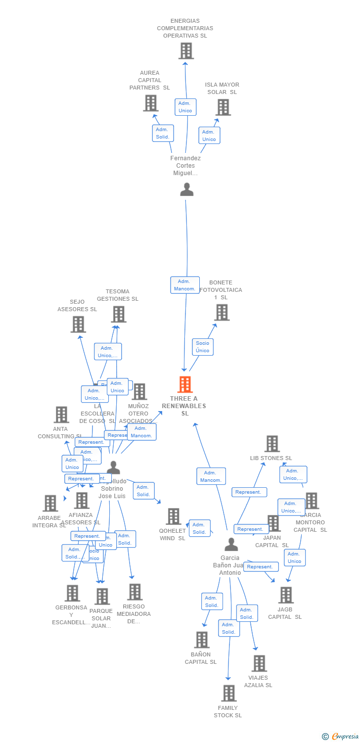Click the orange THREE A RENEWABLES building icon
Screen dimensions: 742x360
[185, 384]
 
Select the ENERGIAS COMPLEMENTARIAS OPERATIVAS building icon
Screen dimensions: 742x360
[186, 51]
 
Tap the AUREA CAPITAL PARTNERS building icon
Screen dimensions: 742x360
[151, 103]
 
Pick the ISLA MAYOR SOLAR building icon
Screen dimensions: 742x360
[223, 107]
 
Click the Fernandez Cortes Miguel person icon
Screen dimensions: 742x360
[186, 189]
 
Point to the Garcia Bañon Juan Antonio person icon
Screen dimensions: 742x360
[231, 545]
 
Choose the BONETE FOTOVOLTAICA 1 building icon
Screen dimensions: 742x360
[222, 312]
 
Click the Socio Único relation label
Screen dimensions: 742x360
[202, 347]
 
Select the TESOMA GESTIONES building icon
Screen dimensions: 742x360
[119, 314]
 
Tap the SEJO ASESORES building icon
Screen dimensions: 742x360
[78, 325]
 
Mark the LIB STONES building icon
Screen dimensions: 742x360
[272, 444]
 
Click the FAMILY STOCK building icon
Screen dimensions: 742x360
[228, 694]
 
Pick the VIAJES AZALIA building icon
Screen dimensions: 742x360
[259, 663]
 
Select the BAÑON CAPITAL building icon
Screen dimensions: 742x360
[201, 640]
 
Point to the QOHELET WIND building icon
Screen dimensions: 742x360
[173, 516]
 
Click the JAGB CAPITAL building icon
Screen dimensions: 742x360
[286, 595]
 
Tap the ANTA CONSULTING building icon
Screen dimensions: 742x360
[61, 415]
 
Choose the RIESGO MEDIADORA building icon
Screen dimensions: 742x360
[135, 592]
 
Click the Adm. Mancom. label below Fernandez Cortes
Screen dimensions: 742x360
[185, 285]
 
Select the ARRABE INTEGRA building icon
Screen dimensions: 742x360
[50, 504]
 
